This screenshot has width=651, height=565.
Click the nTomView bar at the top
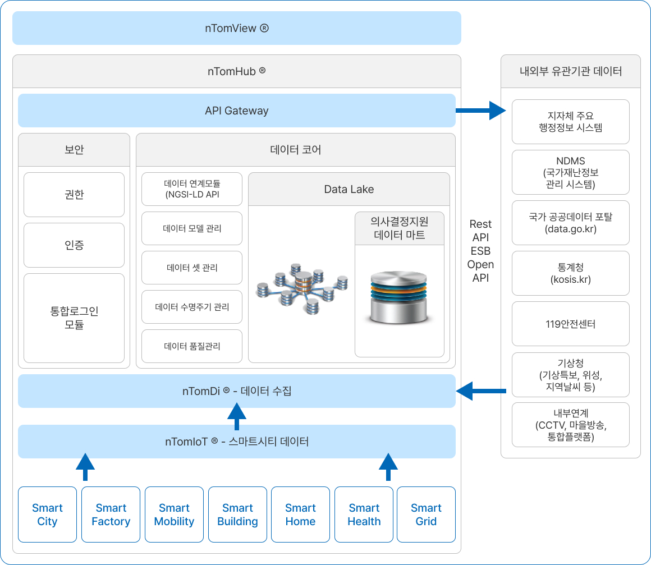click(x=236, y=28)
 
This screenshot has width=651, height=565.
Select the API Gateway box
click(x=236, y=111)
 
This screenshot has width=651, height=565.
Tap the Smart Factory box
click(x=111, y=515)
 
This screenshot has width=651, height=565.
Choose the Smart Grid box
click(x=426, y=515)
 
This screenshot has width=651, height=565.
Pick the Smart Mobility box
click(x=174, y=515)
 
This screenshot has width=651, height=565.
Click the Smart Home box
click(x=300, y=515)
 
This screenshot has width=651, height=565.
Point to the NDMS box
click(x=570, y=172)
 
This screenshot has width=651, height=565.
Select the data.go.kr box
click(x=570, y=223)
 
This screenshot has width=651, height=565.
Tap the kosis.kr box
click(x=570, y=273)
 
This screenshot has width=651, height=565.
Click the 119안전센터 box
click(x=570, y=324)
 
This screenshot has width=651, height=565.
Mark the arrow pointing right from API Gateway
click(x=481, y=111)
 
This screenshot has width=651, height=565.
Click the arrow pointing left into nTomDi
click(x=481, y=391)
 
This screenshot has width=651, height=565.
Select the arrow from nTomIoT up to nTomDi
click(x=236, y=417)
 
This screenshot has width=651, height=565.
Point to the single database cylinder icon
click(x=398, y=297)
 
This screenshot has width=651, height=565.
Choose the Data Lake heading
click(x=349, y=189)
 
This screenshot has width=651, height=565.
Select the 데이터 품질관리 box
click(x=192, y=346)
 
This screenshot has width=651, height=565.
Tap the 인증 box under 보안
click(x=74, y=245)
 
